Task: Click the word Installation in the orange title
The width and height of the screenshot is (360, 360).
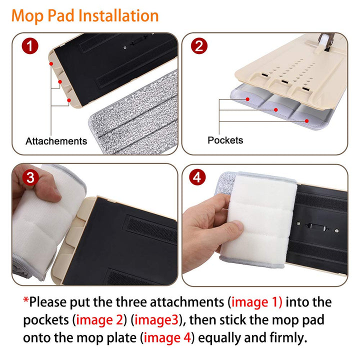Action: tap(118, 16)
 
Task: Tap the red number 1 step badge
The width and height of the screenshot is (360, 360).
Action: tap(30, 46)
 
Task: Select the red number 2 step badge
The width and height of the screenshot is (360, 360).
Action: tap(199, 46)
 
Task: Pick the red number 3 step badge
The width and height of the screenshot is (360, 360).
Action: tap(30, 177)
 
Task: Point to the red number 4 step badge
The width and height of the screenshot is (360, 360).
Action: tap(197, 177)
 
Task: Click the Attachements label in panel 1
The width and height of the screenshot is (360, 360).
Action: tap(56, 141)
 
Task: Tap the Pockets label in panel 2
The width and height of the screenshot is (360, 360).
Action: tap(225, 140)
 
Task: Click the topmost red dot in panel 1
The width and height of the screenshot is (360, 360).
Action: tap(51, 64)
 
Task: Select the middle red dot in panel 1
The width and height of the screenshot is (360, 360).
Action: tap(60, 81)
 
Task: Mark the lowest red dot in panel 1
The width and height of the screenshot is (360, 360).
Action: tap(69, 100)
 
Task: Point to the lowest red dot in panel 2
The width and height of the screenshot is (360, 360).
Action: tap(306, 121)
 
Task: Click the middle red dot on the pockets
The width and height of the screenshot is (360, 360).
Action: tap(276, 110)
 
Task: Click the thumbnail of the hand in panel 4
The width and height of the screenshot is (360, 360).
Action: tap(238, 226)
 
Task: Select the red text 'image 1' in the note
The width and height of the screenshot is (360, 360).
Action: tap(256, 302)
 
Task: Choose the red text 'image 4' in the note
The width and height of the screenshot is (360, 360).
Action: tap(167, 337)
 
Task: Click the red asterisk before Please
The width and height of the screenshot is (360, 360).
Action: tap(25, 299)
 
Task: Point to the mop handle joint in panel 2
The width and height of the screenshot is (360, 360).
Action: tap(326, 41)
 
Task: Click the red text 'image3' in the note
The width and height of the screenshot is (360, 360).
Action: tap(156, 320)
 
